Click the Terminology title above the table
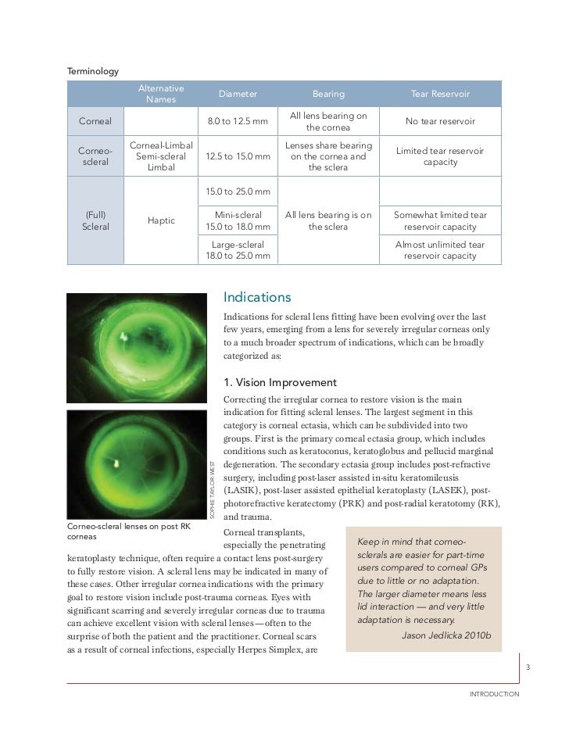point(93,71)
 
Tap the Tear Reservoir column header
point(440,94)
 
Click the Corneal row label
point(95,122)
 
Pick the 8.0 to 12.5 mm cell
point(238,122)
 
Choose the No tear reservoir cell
point(440,122)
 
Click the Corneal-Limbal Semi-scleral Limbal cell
point(161,156)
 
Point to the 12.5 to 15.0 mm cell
point(238,156)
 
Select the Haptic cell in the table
point(161,221)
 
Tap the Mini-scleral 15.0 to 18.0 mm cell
point(238,220)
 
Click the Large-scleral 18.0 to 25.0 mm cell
point(238,250)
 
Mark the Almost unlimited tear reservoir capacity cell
point(440,250)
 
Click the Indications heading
point(257,298)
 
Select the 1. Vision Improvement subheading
point(280,382)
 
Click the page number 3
point(528,667)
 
